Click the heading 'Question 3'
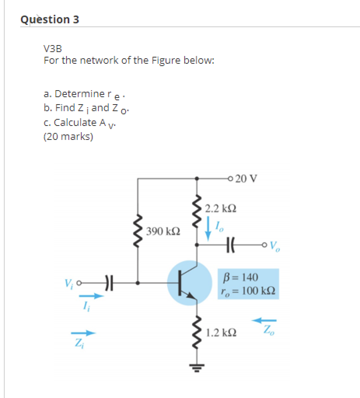click(x=50, y=19)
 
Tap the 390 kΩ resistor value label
click(x=164, y=232)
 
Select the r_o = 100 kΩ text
click(x=248, y=291)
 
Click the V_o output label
click(x=274, y=246)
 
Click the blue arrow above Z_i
click(x=83, y=333)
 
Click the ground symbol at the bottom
click(x=197, y=366)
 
